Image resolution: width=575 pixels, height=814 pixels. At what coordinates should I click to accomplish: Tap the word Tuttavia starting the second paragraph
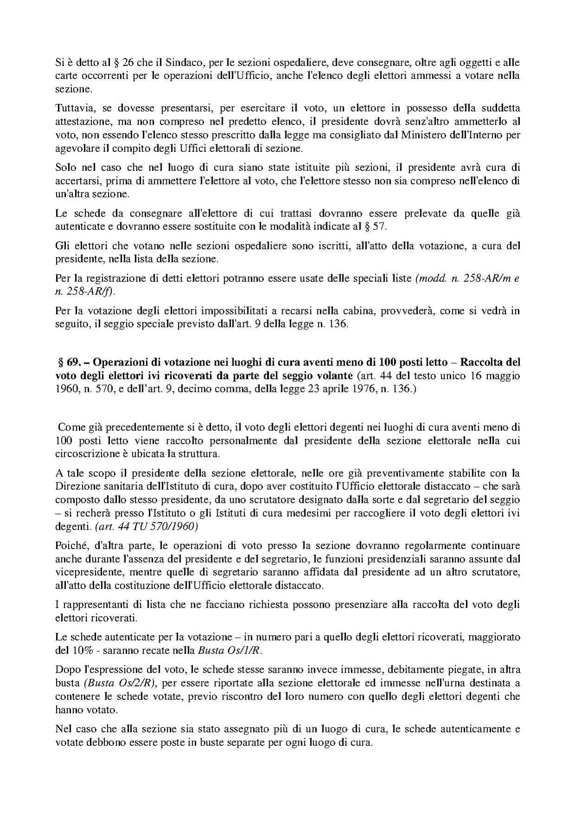(71, 108)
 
